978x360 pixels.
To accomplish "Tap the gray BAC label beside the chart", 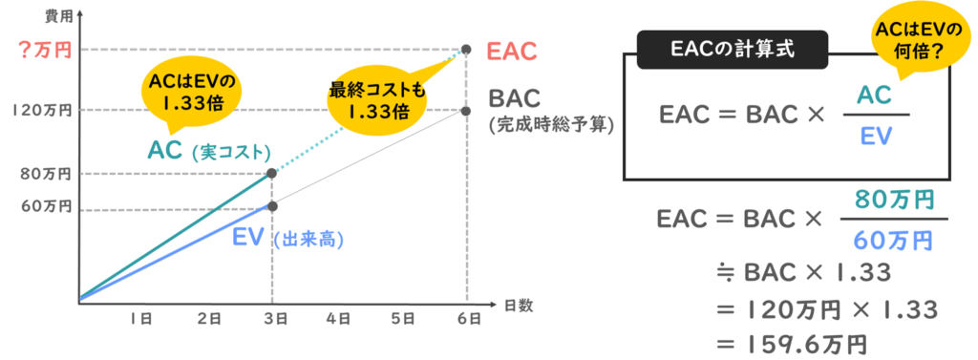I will pos(515,98).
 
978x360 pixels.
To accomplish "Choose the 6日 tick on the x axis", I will pos(466,319).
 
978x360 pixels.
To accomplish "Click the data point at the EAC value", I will pos(466,50).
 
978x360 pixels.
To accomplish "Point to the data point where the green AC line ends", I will pos(272,173).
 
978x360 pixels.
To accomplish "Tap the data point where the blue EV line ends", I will pos(272,205).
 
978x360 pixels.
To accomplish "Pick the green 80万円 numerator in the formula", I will pos(893,201).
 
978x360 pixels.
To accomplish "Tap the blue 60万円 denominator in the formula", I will pos(893,236).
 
